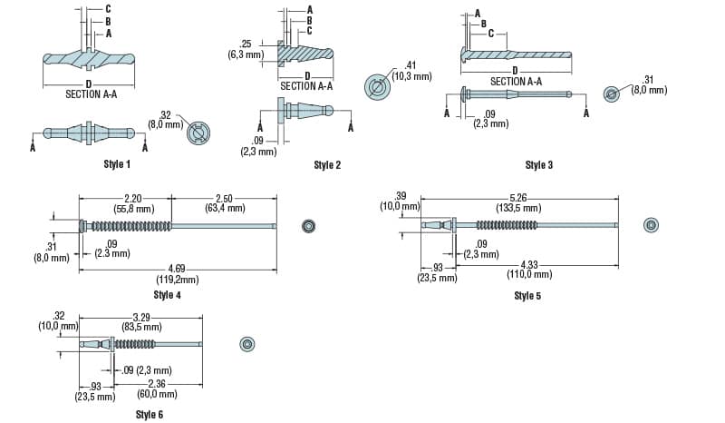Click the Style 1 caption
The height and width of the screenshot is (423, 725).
(117, 164)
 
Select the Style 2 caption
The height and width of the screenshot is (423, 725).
(327, 164)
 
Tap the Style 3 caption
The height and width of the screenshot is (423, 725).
(538, 164)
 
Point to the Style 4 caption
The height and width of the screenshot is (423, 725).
(167, 295)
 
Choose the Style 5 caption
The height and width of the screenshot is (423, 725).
(527, 295)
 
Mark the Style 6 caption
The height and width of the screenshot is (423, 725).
(150, 414)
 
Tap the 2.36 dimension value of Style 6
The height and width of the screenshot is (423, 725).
(158, 384)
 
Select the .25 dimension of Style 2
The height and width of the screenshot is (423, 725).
(245, 44)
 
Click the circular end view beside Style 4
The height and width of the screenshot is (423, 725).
(308, 225)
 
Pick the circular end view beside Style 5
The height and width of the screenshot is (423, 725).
(651, 224)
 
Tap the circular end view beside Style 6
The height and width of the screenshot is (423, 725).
(247, 343)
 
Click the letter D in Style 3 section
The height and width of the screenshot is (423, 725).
(515, 70)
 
